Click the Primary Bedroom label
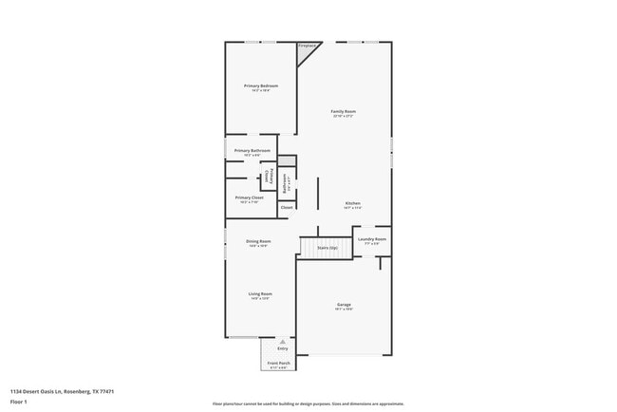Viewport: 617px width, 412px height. coord(261,86)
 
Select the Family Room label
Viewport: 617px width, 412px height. coord(343,112)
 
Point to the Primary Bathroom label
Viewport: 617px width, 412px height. coord(252,151)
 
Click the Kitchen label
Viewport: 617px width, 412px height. coord(352,204)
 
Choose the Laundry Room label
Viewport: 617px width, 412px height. coord(372,239)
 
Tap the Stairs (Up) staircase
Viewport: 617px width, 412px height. coord(327,247)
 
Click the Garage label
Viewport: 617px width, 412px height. coord(344,305)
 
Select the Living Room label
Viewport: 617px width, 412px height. coord(260,294)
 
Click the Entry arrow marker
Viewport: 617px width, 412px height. coord(282,340)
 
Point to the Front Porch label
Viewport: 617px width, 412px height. coord(279,364)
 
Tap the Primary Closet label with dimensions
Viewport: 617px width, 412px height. coord(250,197)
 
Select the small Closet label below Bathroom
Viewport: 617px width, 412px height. coord(287,206)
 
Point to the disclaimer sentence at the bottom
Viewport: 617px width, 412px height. coord(308,403)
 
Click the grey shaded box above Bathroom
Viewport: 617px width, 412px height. coord(287,160)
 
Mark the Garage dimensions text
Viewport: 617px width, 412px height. coord(344,309)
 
